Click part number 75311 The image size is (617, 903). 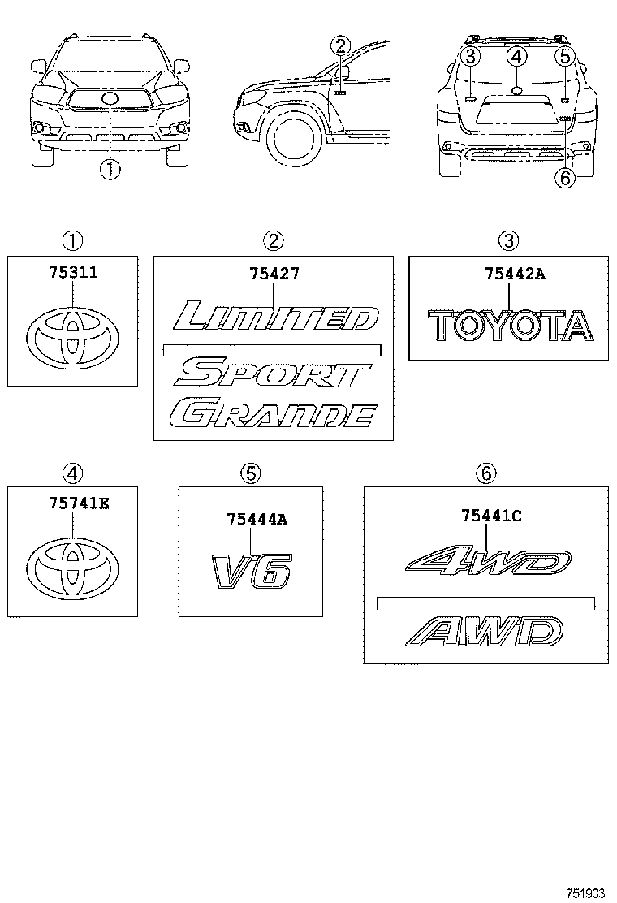71,272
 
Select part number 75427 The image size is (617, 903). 273,274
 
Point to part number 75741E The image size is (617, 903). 71,503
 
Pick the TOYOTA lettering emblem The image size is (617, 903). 511,326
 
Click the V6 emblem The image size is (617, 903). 251,571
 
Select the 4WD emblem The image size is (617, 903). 487,564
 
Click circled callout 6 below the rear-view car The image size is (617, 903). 566,177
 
